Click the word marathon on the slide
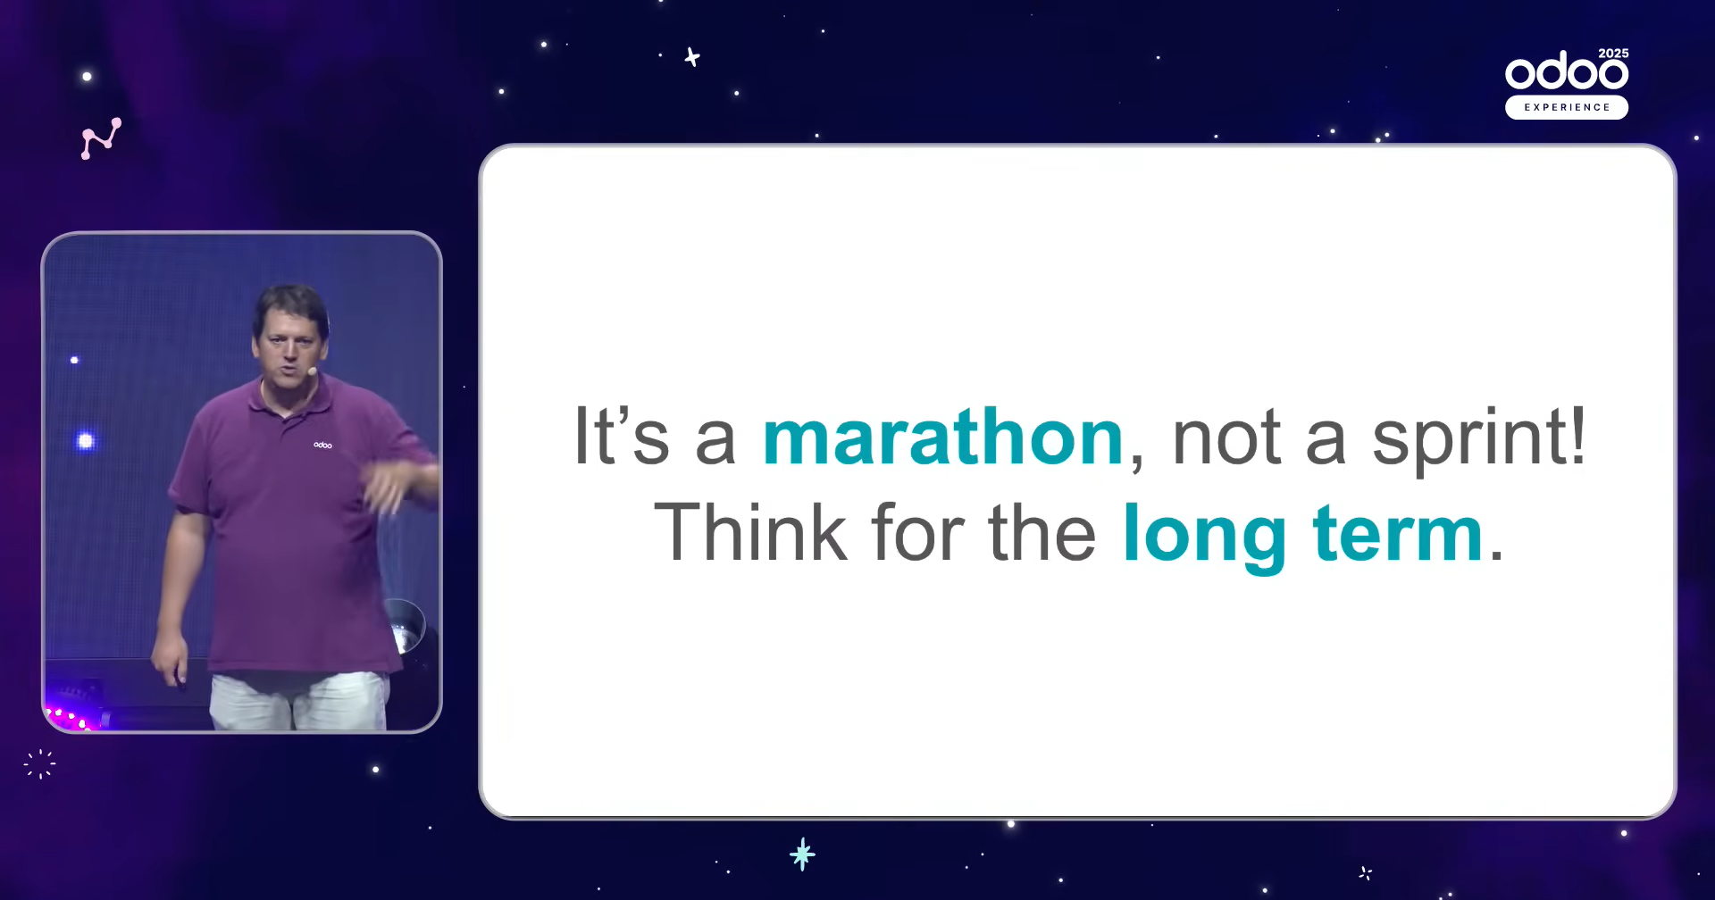942,437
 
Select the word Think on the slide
750,532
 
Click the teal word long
1205,536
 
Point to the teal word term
1398,534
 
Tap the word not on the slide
1227,439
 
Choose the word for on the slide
918,532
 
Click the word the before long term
1042,532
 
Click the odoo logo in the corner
1567,71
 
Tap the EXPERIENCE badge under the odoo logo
1567,107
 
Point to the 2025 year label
1613,54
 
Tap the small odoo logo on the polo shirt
322,445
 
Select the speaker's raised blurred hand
393,487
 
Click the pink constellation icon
101,138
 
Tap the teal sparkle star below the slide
802,854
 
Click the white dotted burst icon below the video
40,764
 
